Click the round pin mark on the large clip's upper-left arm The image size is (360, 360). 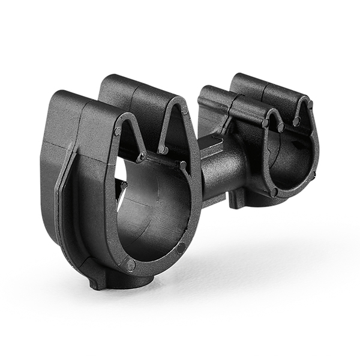(118, 131)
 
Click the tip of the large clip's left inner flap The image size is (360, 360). (142, 157)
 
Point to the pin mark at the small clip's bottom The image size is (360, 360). (274, 192)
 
